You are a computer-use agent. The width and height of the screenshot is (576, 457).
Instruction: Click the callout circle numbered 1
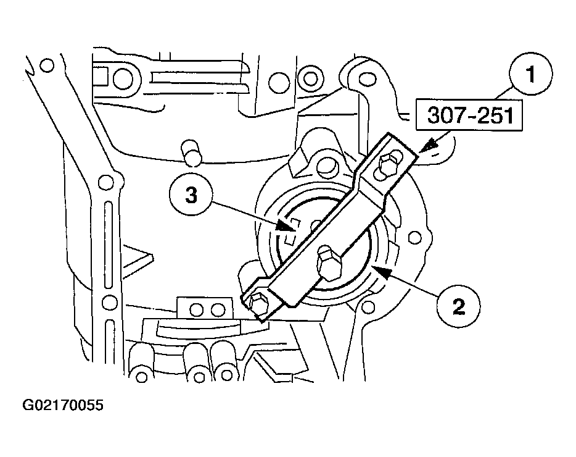[530, 74]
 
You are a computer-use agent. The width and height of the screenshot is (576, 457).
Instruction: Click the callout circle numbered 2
[458, 306]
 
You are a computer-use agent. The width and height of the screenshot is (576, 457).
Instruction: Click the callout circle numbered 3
[191, 195]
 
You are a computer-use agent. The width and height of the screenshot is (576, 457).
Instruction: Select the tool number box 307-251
[469, 115]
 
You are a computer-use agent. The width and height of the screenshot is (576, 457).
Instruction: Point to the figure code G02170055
[63, 405]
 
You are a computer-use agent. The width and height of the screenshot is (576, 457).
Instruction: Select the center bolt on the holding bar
[329, 263]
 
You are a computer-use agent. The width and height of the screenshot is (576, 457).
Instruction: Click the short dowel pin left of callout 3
[192, 152]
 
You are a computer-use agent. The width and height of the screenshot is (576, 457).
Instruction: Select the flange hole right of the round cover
[415, 237]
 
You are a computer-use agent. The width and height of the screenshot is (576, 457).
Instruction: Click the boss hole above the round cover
[327, 166]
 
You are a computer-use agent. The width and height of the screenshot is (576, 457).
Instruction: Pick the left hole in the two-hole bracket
[197, 310]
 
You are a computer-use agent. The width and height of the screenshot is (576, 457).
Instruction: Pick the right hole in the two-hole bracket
[218, 310]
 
